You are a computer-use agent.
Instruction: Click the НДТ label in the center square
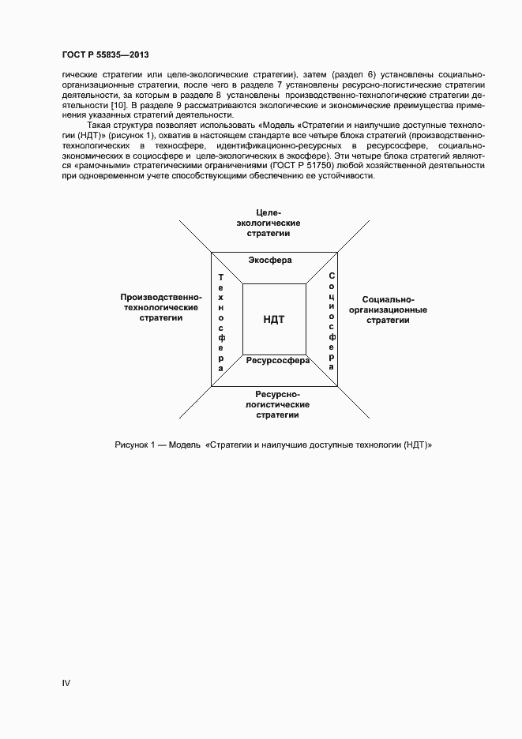click(273, 319)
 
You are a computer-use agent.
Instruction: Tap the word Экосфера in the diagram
click(270, 261)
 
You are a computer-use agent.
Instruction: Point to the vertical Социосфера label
click(332, 321)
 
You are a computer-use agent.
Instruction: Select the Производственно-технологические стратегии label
click(161, 307)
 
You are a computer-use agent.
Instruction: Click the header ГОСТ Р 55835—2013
click(105, 54)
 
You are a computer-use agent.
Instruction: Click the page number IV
click(66, 681)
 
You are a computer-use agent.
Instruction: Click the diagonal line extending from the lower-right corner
click(354, 402)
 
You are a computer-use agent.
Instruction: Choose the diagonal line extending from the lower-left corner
click(195, 403)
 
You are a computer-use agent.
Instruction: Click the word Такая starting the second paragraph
click(99, 125)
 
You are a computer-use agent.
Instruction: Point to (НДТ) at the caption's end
click(414, 445)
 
